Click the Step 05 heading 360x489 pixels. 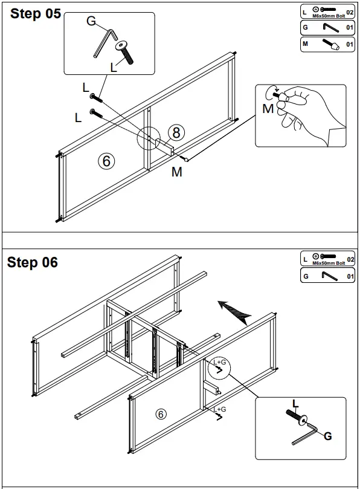(36, 14)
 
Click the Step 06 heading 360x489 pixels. (33, 262)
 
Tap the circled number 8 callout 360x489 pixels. (176, 132)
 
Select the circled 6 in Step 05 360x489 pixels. (106, 161)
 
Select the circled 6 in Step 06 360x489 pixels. (161, 414)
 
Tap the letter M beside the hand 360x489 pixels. (268, 109)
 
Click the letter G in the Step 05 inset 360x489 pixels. (91, 21)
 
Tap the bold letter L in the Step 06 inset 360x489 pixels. (295, 404)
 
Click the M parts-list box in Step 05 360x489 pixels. (327, 44)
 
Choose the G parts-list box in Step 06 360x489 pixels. (327, 276)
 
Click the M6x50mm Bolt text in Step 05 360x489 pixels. (329, 16)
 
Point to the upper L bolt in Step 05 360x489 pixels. (96, 97)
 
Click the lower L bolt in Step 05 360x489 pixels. (96, 113)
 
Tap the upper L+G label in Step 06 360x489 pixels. (219, 363)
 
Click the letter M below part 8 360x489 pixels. (177, 172)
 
